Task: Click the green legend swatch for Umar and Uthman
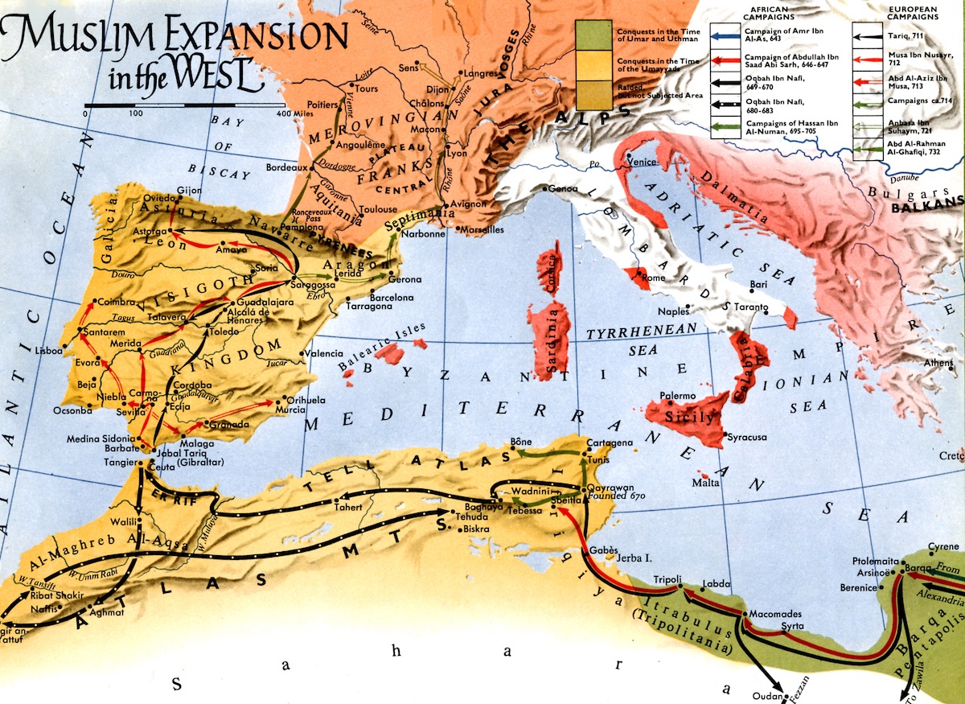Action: click(595, 33)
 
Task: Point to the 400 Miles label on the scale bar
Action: click(295, 114)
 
